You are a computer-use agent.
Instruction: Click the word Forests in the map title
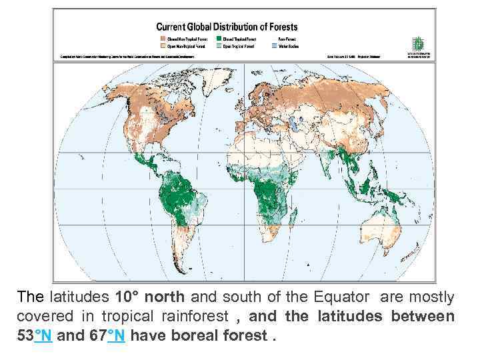click(281, 27)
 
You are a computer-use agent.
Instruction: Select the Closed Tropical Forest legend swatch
click(227, 39)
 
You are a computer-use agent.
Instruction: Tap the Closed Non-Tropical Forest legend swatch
click(162, 39)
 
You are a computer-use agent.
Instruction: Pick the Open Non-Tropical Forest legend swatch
click(162, 47)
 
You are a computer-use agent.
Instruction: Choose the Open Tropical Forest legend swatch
click(227, 47)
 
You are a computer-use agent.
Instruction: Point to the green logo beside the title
click(418, 44)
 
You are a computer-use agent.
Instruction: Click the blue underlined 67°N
click(107, 335)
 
